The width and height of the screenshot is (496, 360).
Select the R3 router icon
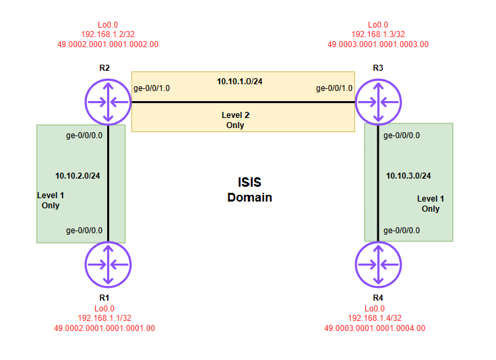point(378,102)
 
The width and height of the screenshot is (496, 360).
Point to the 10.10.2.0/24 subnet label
point(77,176)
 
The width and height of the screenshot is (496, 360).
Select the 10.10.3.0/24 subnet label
point(408,176)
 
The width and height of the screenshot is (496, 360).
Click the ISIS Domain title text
point(249,189)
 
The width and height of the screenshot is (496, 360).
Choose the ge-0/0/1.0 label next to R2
point(152,88)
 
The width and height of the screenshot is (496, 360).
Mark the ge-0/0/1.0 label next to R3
point(334,88)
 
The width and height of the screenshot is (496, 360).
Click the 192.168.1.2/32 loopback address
point(108,34)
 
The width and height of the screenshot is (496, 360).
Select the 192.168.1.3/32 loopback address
point(378,34)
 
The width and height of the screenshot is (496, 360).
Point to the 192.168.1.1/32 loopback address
point(104,318)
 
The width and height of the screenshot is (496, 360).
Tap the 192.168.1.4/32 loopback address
point(375,318)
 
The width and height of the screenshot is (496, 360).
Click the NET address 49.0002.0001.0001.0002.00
point(108,44)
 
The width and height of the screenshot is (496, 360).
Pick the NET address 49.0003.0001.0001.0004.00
point(375,328)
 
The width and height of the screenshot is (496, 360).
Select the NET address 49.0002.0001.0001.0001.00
point(104,328)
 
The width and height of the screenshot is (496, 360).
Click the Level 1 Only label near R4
point(430,204)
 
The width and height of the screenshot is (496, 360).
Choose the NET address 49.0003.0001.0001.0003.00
point(378,44)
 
